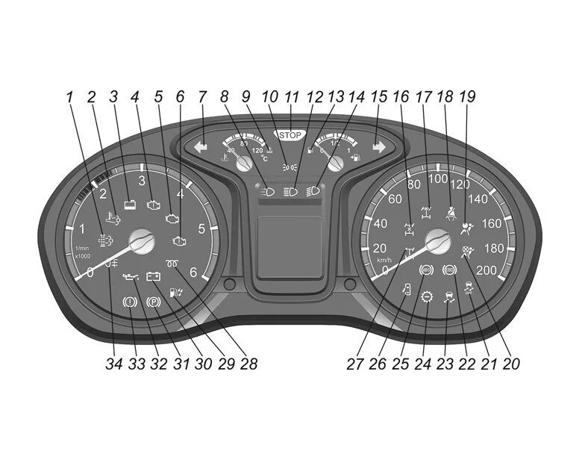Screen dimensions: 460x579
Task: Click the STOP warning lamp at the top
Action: (x=289, y=136)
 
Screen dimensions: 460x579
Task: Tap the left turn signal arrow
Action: (x=200, y=147)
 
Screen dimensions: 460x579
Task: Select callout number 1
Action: (x=69, y=97)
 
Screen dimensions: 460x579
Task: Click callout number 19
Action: (x=468, y=97)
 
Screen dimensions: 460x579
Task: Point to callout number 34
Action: (x=113, y=364)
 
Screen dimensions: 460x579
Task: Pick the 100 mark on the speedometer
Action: (x=437, y=179)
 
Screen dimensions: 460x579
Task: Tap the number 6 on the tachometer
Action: (x=193, y=273)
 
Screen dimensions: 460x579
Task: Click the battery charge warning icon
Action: (x=154, y=276)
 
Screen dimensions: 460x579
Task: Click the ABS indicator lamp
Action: (x=427, y=270)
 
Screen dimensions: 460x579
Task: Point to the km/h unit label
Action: (x=384, y=259)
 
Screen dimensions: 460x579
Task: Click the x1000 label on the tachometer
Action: (x=83, y=256)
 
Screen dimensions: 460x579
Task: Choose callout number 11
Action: (x=292, y=97)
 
